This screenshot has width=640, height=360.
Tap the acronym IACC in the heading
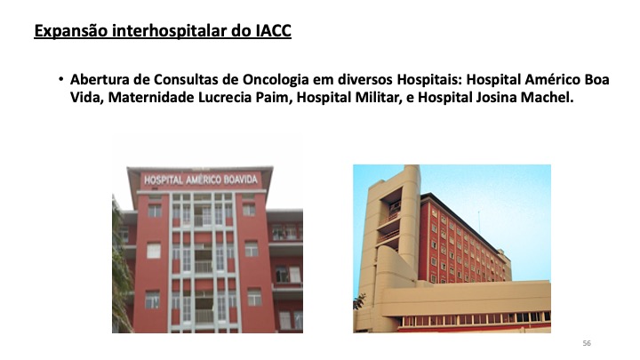(274, 30)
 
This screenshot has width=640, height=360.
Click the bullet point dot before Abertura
(60, 79)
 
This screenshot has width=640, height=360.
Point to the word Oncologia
(276, 80)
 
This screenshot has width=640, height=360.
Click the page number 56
(587, 343)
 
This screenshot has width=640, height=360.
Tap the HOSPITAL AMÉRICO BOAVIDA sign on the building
(201, 180)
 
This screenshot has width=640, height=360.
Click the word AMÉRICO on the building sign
(204, 180)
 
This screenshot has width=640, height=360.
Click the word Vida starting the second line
(85, 98)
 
